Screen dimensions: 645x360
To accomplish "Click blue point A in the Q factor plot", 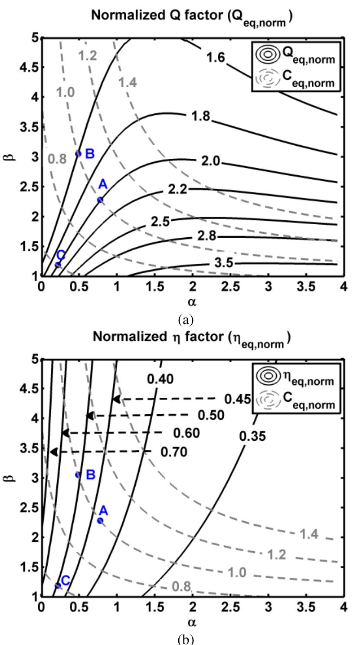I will [100, 200].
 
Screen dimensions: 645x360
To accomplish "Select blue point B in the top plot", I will [78, 154].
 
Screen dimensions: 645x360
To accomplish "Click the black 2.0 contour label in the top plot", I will [211, 161].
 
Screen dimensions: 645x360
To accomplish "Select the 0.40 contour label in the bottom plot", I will [160, 379].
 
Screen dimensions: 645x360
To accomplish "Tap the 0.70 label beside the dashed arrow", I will [174, 452].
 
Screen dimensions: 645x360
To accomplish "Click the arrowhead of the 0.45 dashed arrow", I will [116, 399].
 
